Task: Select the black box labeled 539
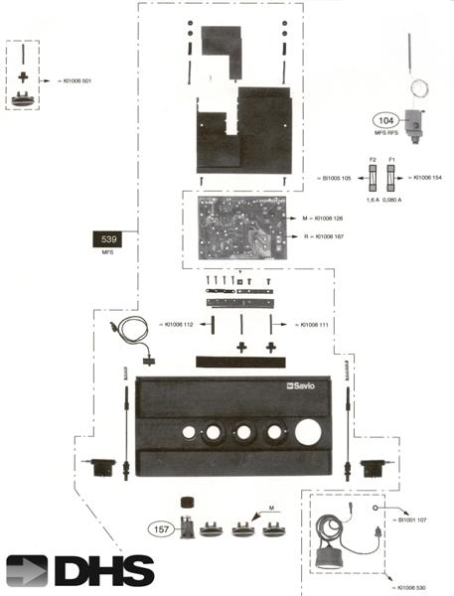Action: coord(109,239)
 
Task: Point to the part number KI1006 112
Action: coord(186,324)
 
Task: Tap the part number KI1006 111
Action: coord(296,324)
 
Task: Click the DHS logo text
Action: coord(103,570)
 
